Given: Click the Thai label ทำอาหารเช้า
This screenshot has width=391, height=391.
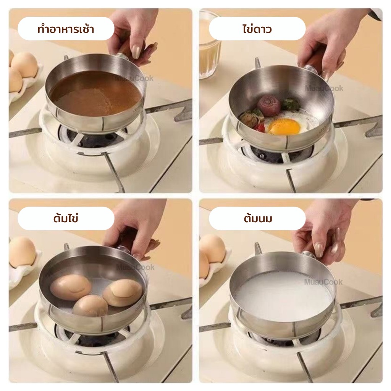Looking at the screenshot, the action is coord(66,29).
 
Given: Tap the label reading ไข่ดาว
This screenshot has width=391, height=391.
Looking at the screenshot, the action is coord(257,29).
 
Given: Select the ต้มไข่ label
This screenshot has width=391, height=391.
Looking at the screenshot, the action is coord(66,218).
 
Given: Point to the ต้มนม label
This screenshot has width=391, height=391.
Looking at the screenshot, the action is coord(258,218).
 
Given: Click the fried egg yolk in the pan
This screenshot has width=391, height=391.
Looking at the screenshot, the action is coord(284,126).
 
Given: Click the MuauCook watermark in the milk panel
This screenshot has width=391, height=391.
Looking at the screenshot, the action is coord(323,282).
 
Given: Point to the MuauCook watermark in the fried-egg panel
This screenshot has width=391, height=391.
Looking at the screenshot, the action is coord(324,88).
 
